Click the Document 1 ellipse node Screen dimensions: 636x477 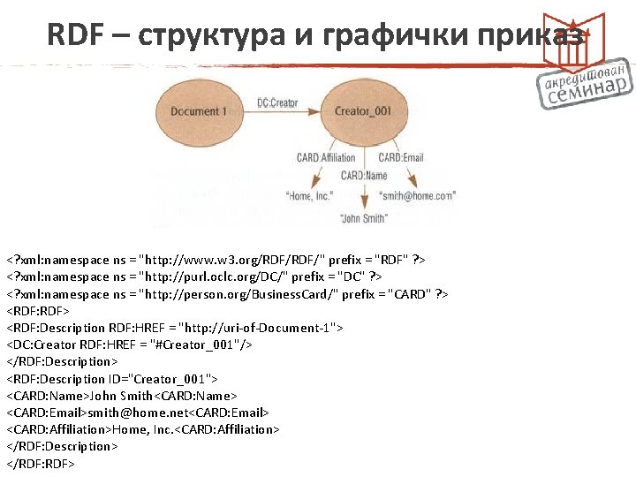tap(198, 111)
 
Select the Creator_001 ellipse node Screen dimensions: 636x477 tap(363, 111)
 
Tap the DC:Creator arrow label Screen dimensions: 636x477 tap(277, 103)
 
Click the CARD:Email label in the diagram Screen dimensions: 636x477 tap(402, 158)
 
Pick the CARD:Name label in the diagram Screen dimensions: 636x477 tap(364, 176)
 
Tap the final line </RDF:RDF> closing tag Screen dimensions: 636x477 tap(41, 463)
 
